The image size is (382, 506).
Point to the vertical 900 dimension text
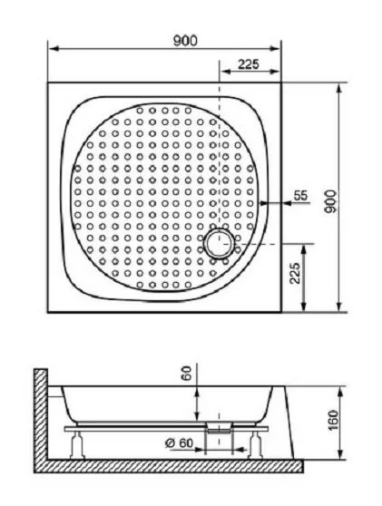[x=333, y=200]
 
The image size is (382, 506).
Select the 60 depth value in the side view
[x=185, y=374]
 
